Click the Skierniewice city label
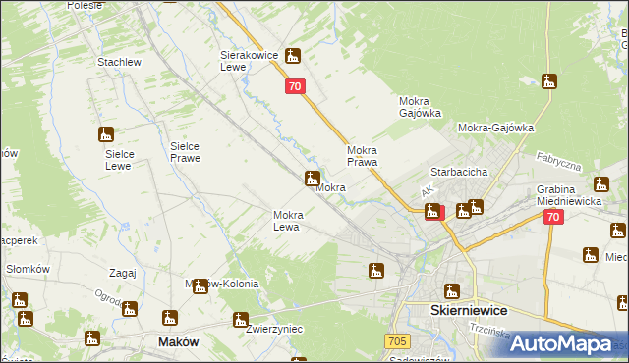[x=469, y=309]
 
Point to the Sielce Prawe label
[x=185, y=151]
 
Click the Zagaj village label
[x=123, y=274]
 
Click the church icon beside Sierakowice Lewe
[x=293, y=57]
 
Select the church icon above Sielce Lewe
[x=105, y=133]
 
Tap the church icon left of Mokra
[x=312, y=179]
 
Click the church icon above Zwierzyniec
[x=240, y=320]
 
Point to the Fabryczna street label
[x=559, y=161]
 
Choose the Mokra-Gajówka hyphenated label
[x=495, y=128]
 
